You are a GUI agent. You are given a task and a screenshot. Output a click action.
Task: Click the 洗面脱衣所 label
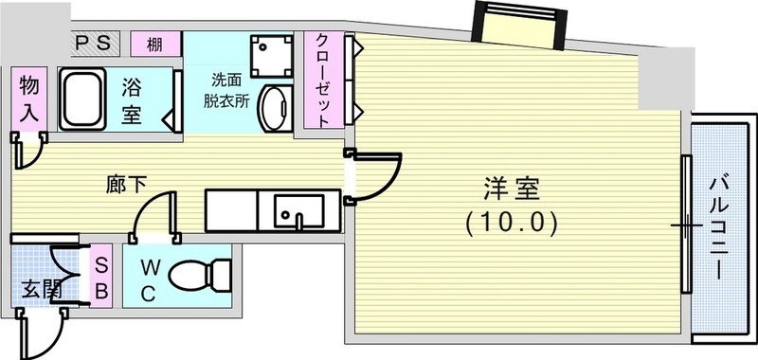(229, 91)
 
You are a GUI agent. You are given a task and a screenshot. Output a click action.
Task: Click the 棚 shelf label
(151, 45)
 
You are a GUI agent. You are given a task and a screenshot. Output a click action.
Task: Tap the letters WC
(149, 279)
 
